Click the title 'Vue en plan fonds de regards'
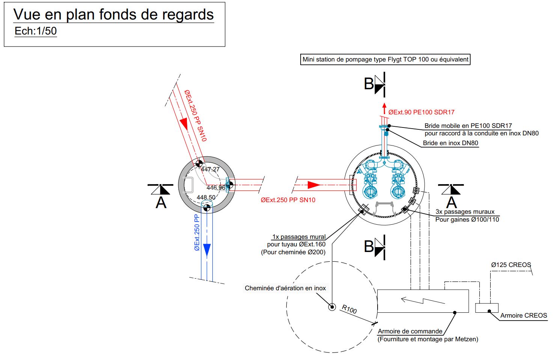coord(113,15)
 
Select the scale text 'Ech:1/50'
coord(36,31)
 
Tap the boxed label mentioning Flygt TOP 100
coord(385,60)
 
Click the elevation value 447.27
coord(210,169)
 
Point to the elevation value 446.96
coord(216,187)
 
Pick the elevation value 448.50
coord(206,197)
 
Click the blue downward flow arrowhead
coord(207,249)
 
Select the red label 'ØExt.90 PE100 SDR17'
coord(421,112)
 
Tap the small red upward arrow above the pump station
coord(384,108)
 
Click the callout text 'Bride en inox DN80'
coord(450,143)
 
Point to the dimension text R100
coord(349,309)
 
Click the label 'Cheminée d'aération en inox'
coord(285,288)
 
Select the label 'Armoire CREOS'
coord(524,315)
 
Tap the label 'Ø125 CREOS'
coord(511,265)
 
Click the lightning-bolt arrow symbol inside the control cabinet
coord(423,300)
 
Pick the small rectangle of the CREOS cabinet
coord(486,307)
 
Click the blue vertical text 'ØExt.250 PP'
coord(197,232)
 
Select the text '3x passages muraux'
coord(465,211)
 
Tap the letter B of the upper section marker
coord(369,84)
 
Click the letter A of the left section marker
coord(161,202)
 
